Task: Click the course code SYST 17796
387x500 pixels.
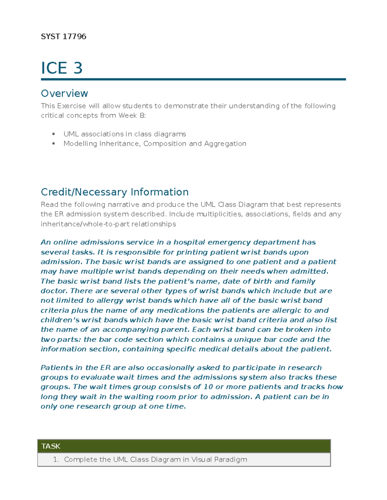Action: [64, 36]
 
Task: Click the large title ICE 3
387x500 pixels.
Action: [62, 68]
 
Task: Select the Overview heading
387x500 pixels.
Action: [64, 93]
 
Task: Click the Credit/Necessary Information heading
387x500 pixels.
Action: [114, 192]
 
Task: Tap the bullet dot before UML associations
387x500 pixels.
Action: [54, 134]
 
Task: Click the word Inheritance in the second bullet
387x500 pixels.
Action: [120, 144]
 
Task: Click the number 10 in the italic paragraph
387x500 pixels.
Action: [208, 387]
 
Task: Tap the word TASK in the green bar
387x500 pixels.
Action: [51, 446]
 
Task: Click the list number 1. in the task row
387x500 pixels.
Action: [56, 459]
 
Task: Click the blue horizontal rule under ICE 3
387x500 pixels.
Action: [193, 79]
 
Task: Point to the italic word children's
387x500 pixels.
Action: [60, 320]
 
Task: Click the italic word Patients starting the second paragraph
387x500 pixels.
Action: [57, 368]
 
